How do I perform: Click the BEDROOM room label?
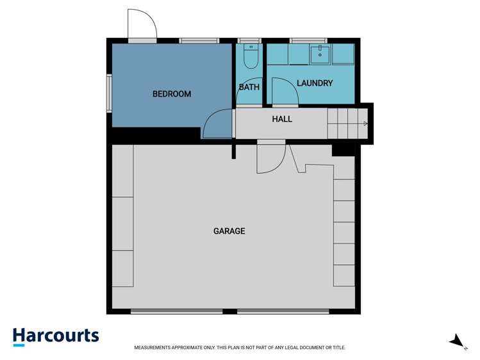pos(171,94)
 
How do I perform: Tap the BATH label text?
pos(249,87)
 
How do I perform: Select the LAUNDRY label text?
pos(314,83)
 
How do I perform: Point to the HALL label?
pos(282,119)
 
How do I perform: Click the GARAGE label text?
pos(229,231)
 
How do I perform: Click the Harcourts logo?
pos(56,336)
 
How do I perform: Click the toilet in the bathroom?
pos(251,58)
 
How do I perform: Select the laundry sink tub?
pos(319,54)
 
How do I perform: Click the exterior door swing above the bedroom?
pos(142,25)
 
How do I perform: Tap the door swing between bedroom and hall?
pos(217,124)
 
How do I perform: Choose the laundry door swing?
pos(284,91)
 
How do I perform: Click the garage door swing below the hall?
pos(270,158)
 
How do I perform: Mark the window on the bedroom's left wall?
pos(110,94)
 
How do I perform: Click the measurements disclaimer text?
pos(240,348)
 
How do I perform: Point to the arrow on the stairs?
pos(365,123)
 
